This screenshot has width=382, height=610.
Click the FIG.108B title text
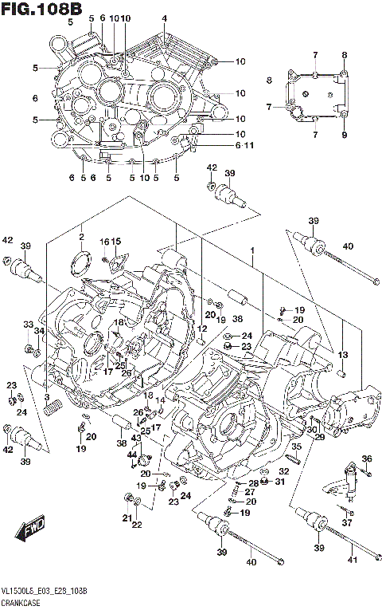(41, 9)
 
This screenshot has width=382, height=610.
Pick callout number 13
(344, 355)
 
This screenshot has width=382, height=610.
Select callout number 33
(27, 325)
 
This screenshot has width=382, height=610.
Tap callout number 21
(125, 518)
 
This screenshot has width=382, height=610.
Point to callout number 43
(136, 438)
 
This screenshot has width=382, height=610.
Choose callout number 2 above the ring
(80, 237)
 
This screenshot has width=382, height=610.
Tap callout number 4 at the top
(164, 18)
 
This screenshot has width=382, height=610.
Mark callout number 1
(251, 250)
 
